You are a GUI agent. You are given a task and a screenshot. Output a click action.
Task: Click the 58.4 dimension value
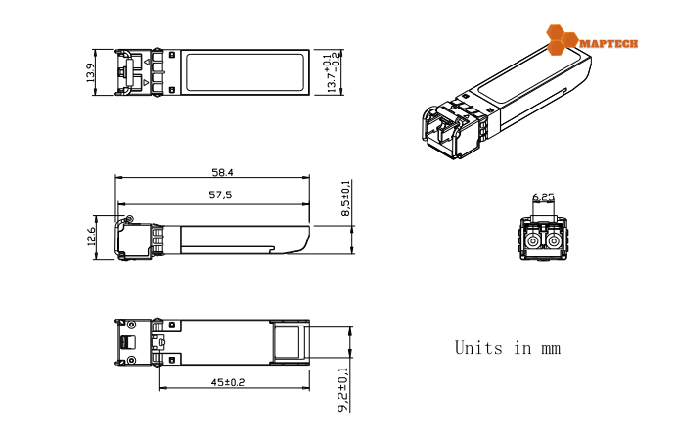pyautogui.click(x=223, y=172)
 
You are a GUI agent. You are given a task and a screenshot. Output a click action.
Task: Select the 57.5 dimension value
pyautogui.click(x=221, y=195)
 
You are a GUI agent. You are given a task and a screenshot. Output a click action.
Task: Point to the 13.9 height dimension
pyautogui.click(x=91, y=72)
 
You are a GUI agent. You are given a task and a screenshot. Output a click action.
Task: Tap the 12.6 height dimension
pyautogui.click(x=91, y=238)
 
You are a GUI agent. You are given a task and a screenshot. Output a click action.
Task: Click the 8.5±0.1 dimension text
pyautogui.click(x=345, y=199)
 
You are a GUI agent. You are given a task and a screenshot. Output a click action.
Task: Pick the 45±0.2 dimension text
pyautogui.click(x=227, y=382)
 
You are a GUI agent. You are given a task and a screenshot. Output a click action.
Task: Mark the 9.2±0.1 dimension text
pyautogui.click(x=341, y=388)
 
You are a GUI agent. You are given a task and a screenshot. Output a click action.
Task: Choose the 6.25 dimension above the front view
pyautogui.click(x=543, y=197)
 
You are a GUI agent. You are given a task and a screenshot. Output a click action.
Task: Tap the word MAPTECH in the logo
pyautogui.click(x=608, y=44)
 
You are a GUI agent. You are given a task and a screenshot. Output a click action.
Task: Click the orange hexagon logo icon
pyautogui.click(x=562, y=39)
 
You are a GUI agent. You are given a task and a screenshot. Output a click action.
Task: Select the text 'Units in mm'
pyautogui.click(x=507, y=347)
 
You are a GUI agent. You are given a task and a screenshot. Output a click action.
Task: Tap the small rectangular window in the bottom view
pyautogui.click(x=287, y=343)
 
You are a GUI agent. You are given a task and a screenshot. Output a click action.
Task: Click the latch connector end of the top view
pyautogui.click(x=137, y=72)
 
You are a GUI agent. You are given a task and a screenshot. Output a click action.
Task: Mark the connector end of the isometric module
pyautogui.click(x=445, y=129)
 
